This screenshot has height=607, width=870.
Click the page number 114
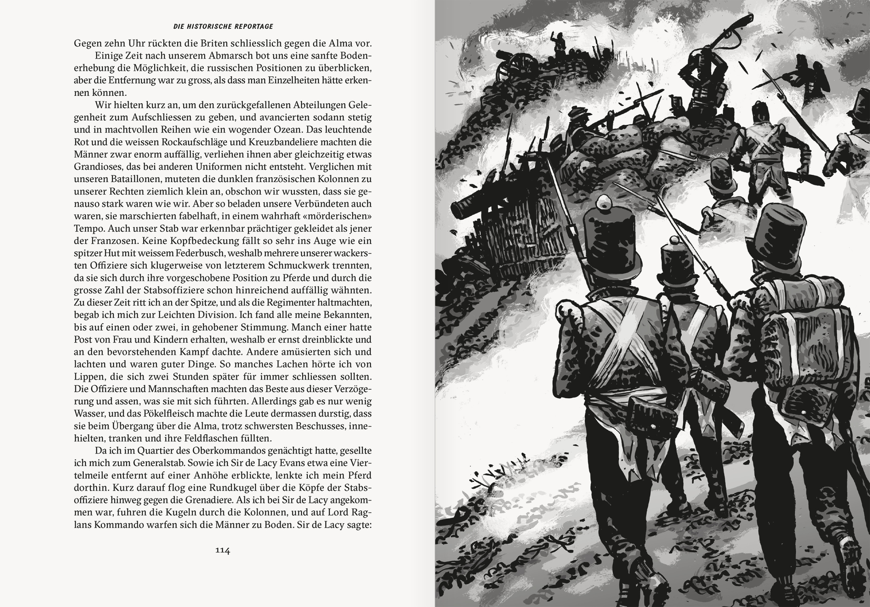click(x=223, y=550)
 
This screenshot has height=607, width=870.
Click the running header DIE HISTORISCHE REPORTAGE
click(x=223, y=27)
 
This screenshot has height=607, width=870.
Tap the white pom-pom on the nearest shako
click(x=606, y=201)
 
